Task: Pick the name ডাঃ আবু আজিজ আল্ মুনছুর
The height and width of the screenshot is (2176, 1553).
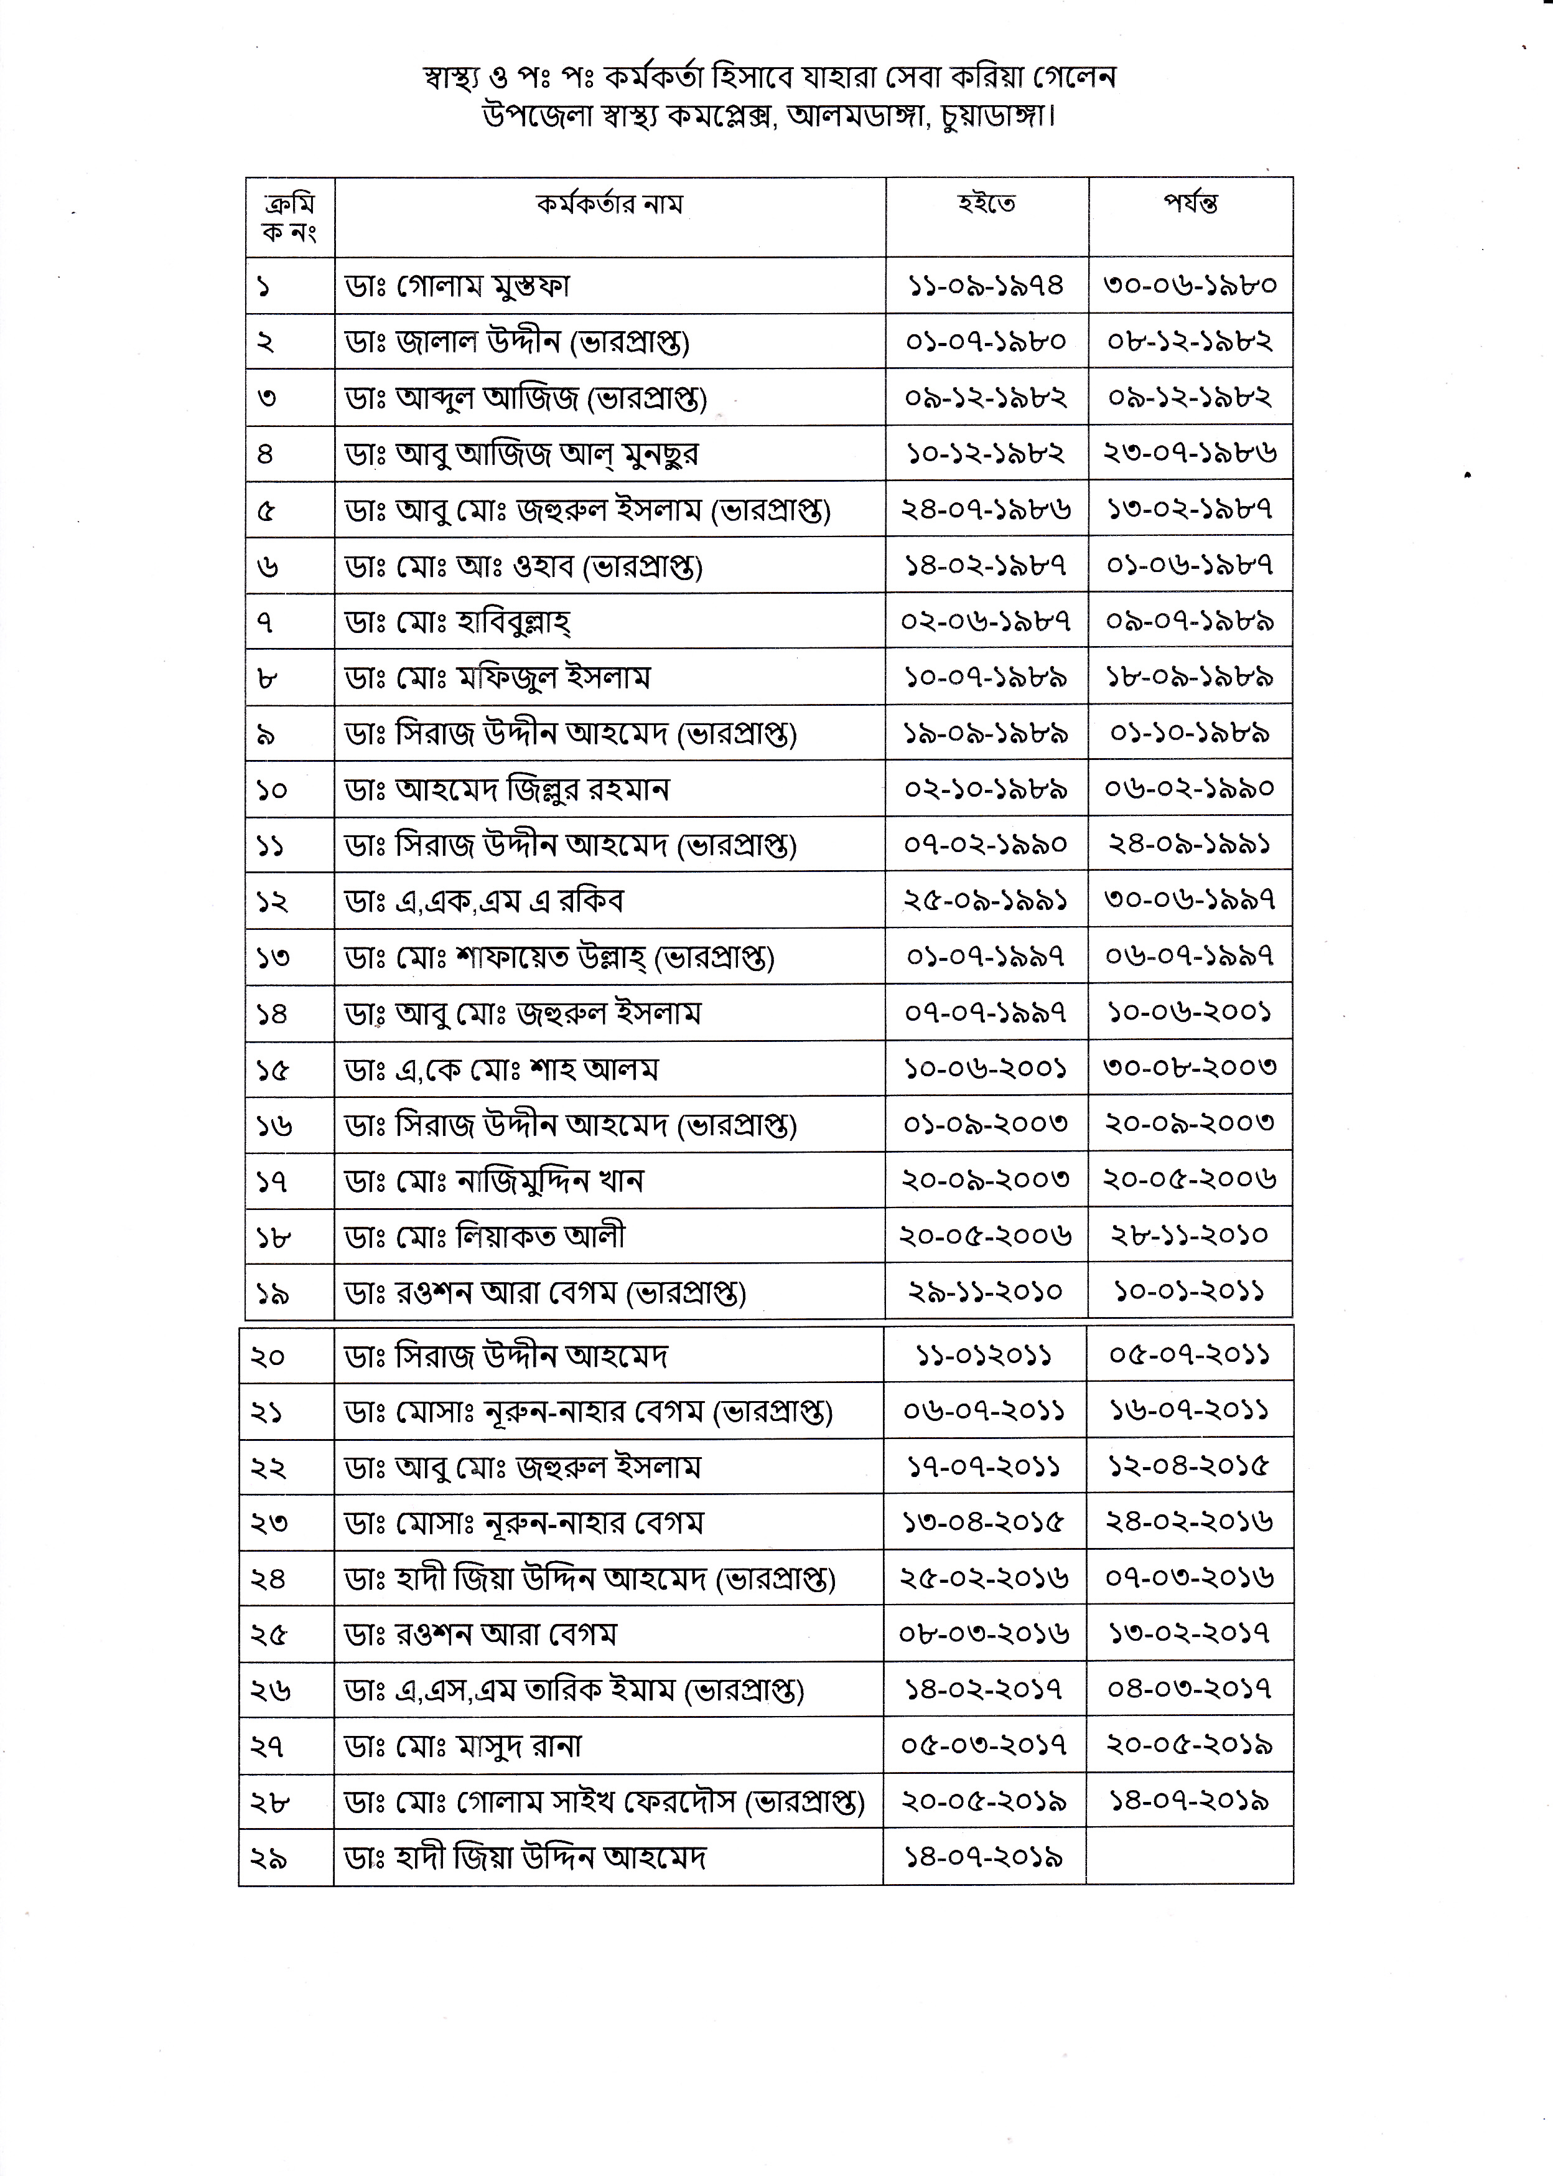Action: (521, 453)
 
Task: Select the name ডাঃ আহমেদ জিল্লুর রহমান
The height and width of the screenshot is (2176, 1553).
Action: (507, 790)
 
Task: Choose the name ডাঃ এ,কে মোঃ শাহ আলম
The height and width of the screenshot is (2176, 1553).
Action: (502, 1069)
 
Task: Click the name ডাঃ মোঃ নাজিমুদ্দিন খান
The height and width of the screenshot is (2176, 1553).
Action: (495, 1181)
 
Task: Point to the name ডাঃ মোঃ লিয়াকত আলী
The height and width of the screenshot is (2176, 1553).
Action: (485, 1237)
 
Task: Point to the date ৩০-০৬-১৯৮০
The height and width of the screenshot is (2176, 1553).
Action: (1190, 285)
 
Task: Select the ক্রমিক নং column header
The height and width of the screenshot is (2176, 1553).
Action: (290, 218)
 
